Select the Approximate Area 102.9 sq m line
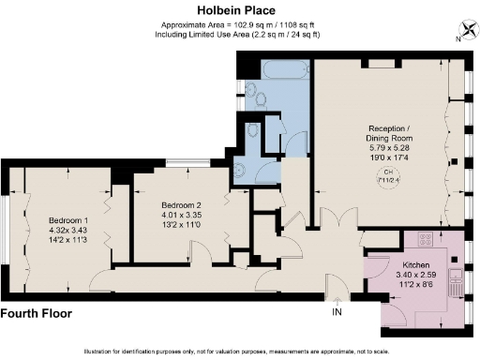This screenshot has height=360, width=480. pyautogui.click(x=240, y=25)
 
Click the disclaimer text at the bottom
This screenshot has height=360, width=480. pyautogui.click(x=240, y=351)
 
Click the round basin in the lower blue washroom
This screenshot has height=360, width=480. pyautogui.click(x=238, y=170)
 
